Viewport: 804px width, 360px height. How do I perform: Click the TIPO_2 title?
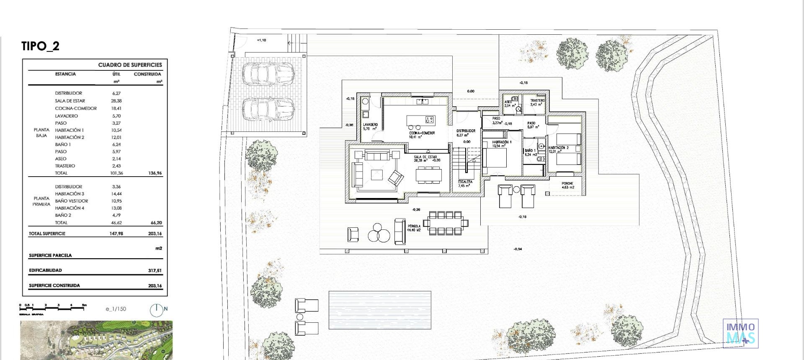[x=40, y=46]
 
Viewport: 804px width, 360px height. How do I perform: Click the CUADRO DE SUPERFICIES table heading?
[x=130, y=65]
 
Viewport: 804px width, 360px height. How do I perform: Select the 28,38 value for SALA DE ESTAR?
[x=116, y=101]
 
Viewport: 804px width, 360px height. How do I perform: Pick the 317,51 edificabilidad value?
[x=155, y=270]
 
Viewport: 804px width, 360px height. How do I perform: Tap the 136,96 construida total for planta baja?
[x=155, y=173]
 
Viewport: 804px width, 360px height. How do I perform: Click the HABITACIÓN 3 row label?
[x=70, y=194]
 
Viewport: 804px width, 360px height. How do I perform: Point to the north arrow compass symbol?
[x=156, y=310]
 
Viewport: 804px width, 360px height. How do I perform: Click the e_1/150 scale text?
[x=116, y=309]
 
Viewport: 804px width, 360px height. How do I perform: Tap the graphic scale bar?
[x=53, y=308]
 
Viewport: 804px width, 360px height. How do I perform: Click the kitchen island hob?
[x=429, y=119]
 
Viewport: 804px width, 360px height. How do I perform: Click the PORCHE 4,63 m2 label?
[x=567, y=185]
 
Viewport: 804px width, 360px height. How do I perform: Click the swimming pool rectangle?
[x=379, y=306]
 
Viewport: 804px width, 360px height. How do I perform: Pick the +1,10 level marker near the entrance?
[x=261, y=40]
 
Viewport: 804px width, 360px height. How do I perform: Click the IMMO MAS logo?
[x=740, y=333]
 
